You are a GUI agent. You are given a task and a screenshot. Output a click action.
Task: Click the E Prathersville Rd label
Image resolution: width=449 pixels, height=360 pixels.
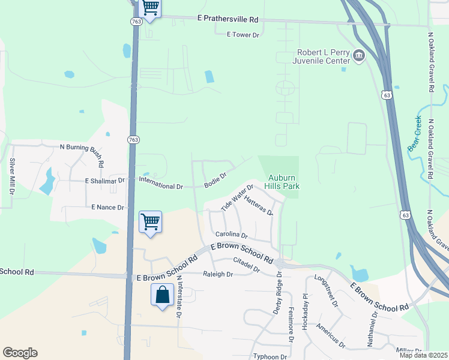click(228, 19)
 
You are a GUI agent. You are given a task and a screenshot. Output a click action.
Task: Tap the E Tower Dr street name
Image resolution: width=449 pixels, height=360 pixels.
click(243, 35)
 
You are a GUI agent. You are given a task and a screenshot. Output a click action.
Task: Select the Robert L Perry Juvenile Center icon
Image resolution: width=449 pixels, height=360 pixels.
click(359, 56)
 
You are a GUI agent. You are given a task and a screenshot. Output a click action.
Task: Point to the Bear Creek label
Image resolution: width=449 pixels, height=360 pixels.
click(415, 133)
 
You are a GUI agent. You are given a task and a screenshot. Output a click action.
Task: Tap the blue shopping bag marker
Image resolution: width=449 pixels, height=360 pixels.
click(162, 295)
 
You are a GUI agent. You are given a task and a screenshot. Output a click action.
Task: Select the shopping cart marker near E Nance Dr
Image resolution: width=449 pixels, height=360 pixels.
click(150, 223)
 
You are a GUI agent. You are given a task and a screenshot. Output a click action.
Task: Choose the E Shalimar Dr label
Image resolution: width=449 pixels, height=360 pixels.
click(104, 180)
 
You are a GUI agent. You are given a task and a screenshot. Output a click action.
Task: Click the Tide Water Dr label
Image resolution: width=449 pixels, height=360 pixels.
click(234, 198)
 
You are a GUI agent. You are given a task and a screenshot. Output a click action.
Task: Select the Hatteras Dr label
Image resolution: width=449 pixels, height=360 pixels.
click(258, 203)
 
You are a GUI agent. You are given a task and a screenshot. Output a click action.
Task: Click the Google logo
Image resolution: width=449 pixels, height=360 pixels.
click(20, 353)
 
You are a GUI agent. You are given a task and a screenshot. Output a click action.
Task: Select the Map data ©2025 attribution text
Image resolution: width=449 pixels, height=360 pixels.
click(423, 355)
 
